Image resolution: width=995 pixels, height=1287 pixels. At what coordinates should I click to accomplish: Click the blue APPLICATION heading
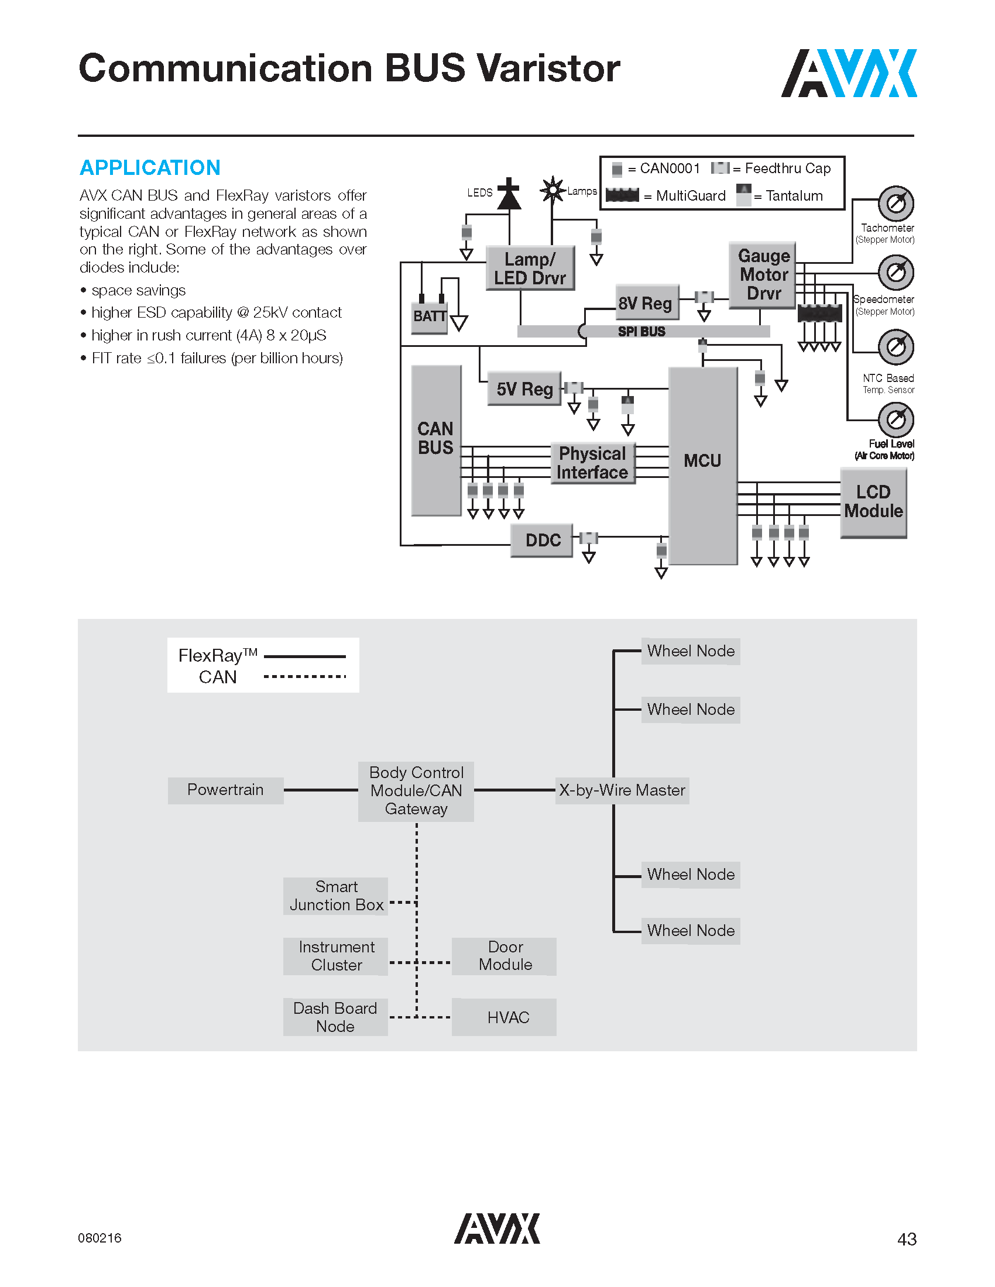(150, 168)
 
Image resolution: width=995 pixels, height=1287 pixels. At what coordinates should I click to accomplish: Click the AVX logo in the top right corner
(849, 73)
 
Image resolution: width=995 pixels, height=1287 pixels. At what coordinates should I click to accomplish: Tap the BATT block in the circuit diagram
(429, 316)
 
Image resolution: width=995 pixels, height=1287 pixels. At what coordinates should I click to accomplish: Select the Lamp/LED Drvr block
(530, 268)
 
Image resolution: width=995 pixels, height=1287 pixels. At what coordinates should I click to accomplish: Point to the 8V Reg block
(646, 303)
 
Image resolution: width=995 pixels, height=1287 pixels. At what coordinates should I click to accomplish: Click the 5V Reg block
(524, 389)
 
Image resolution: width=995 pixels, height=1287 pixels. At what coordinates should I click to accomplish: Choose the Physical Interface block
(592, 463)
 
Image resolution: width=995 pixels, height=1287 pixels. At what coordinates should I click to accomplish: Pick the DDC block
(542, 540)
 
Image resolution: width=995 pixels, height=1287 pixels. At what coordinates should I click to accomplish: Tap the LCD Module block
(873, 502)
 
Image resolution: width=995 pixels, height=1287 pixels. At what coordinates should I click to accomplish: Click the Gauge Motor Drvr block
(763, 274)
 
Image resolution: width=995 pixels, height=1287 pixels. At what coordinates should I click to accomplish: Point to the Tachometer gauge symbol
(896, 204)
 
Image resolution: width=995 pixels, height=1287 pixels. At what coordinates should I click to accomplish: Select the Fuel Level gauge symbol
(896, 419)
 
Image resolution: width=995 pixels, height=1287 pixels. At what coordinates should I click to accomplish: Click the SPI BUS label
(641, 332)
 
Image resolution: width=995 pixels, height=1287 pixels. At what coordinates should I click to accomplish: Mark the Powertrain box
(225, 790)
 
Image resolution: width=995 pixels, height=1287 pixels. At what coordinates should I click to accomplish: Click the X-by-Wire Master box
(622, 790)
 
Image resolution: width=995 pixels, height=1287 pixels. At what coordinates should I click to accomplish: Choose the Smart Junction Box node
(335, 896)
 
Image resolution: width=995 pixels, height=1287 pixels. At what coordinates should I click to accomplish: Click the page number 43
(907, 1239)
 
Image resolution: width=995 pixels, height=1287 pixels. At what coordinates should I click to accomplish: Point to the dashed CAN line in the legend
(305, 676)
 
